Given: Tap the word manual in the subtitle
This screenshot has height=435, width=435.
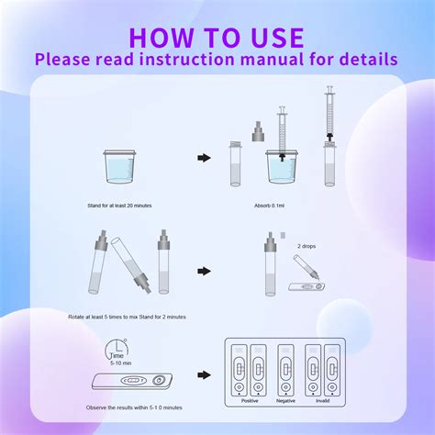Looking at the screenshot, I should pyautogui.click(x=273, y=58).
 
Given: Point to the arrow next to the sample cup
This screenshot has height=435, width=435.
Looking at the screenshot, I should pyautogui.click(x=204, y=158).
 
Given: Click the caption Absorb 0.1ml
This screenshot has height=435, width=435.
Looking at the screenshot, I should pyautogui.click(x=275, y=206).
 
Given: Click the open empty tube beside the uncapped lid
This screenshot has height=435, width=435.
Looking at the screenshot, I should pyautogui.click(x=234, y=165).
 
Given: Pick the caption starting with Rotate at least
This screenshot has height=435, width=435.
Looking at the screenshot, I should pyautogui.click(x=127, y=317).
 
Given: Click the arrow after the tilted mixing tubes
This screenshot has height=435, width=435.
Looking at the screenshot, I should pyautogui.click(x=204, y=272).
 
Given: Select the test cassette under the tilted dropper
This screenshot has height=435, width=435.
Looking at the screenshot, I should pyautogui.click(x=305, y=286).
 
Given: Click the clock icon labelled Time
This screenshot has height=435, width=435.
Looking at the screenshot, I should pyautogui.click(x=115, y=350).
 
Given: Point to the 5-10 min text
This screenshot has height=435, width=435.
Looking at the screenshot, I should pyautogui.click(x=119, y=364).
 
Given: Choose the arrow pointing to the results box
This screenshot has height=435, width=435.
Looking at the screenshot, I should pyautogui.click(x=204, y=375).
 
